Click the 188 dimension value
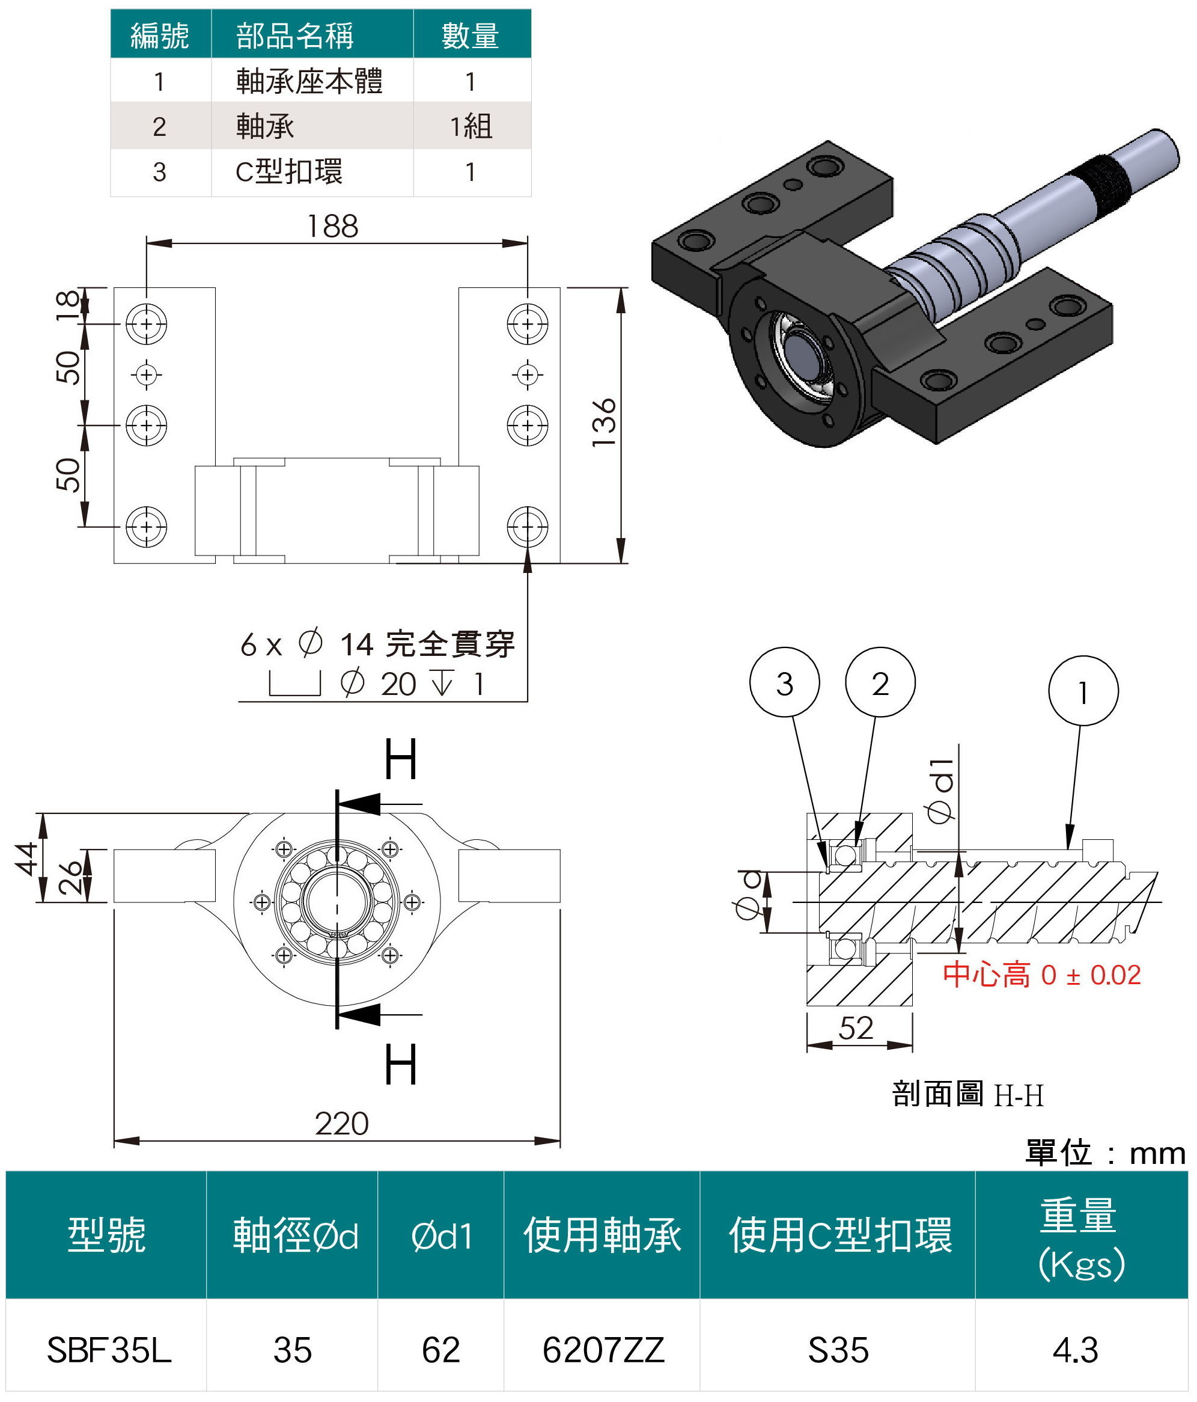332,227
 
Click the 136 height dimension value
604,422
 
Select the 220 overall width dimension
341,1124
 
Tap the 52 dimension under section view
856,1028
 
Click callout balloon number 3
784,684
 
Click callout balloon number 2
880,684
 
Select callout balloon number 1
1083,691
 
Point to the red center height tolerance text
1041,975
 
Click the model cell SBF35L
108,1350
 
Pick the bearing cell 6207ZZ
603,1350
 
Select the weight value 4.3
1075,1350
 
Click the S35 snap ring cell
838,1350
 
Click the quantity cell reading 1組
471,126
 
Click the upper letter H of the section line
400,760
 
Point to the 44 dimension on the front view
27,858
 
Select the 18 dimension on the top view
68,306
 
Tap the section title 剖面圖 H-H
967,1094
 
